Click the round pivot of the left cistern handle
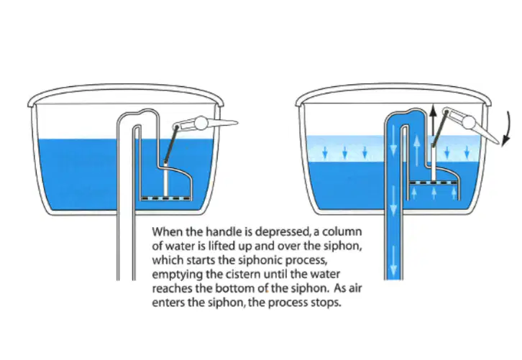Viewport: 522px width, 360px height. [201, 123]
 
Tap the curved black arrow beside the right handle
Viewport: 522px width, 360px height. [506, 129]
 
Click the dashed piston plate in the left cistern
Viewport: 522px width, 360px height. [166, 198]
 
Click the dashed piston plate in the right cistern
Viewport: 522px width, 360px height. [434, 183]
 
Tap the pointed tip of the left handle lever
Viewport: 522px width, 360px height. [237, 122]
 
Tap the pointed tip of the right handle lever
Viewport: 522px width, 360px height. [499, 144]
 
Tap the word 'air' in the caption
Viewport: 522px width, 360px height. [354, 288]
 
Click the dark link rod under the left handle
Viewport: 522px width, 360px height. [170, 144]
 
